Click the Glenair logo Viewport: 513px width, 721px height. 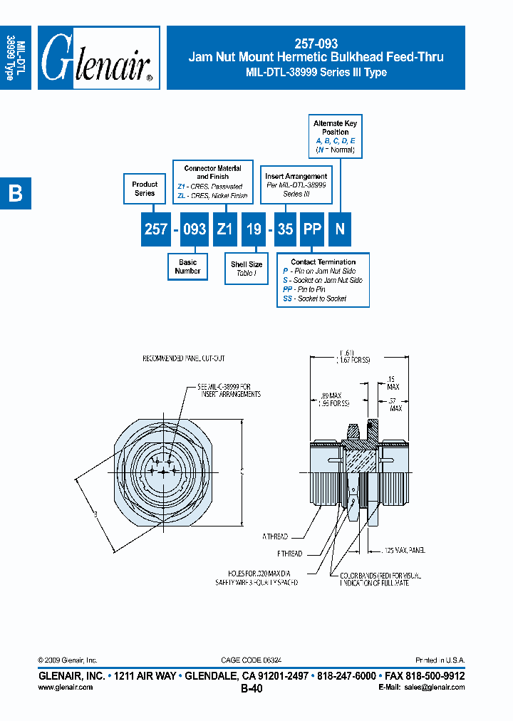(x=98, y=58)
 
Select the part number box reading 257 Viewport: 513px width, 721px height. (x=156, y=229)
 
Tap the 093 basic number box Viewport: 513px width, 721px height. (x=194, y=229)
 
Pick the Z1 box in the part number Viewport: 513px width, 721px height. (x=224, y=229)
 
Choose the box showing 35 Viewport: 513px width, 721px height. (x=284, y=229)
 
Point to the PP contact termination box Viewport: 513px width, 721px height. (x=311, y=229)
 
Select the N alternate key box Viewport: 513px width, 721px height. (x=340, y=229)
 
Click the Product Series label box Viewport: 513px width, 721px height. (x=145, y=189)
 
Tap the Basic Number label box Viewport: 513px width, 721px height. (x=187, y=266)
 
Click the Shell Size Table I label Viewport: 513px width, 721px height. (x=246, y=269)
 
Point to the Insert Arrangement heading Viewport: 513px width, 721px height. (x=296, y=176)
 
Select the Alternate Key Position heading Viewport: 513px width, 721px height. (x=335, y=128)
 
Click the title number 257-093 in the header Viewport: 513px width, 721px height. (x=316, y=43)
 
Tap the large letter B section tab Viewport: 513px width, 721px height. (x=15, y=193)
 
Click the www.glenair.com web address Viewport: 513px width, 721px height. (x=65, y=688)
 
